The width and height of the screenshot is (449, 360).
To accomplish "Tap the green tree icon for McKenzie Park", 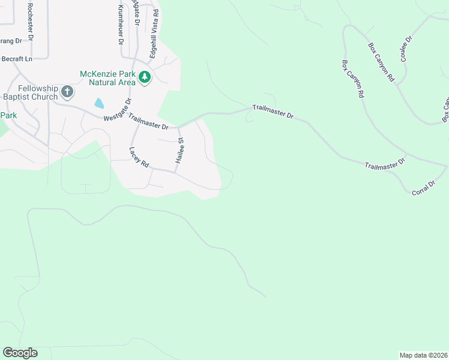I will pyautogui.click(x=145, y=77).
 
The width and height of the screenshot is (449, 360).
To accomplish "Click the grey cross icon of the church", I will pyautogui.click(x=67, y=92).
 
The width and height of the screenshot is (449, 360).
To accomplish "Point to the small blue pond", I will pyautogui.click(x=98, y=103).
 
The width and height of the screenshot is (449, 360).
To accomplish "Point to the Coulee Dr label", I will pyautogui.click(x=406, y=49).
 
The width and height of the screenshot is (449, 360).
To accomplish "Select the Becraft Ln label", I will pyautogui.click(x=16, y=58).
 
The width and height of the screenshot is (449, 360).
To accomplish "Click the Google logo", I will pyautogui.click(x=20, y=353).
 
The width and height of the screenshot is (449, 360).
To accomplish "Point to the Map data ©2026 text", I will pyautogui.click(x=423, y=355).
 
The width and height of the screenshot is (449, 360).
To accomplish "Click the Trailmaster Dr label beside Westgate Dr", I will pyautogui.click(x=148, y=124).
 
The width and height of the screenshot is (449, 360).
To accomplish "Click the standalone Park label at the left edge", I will pyautogui.click(x=8, y=115).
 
